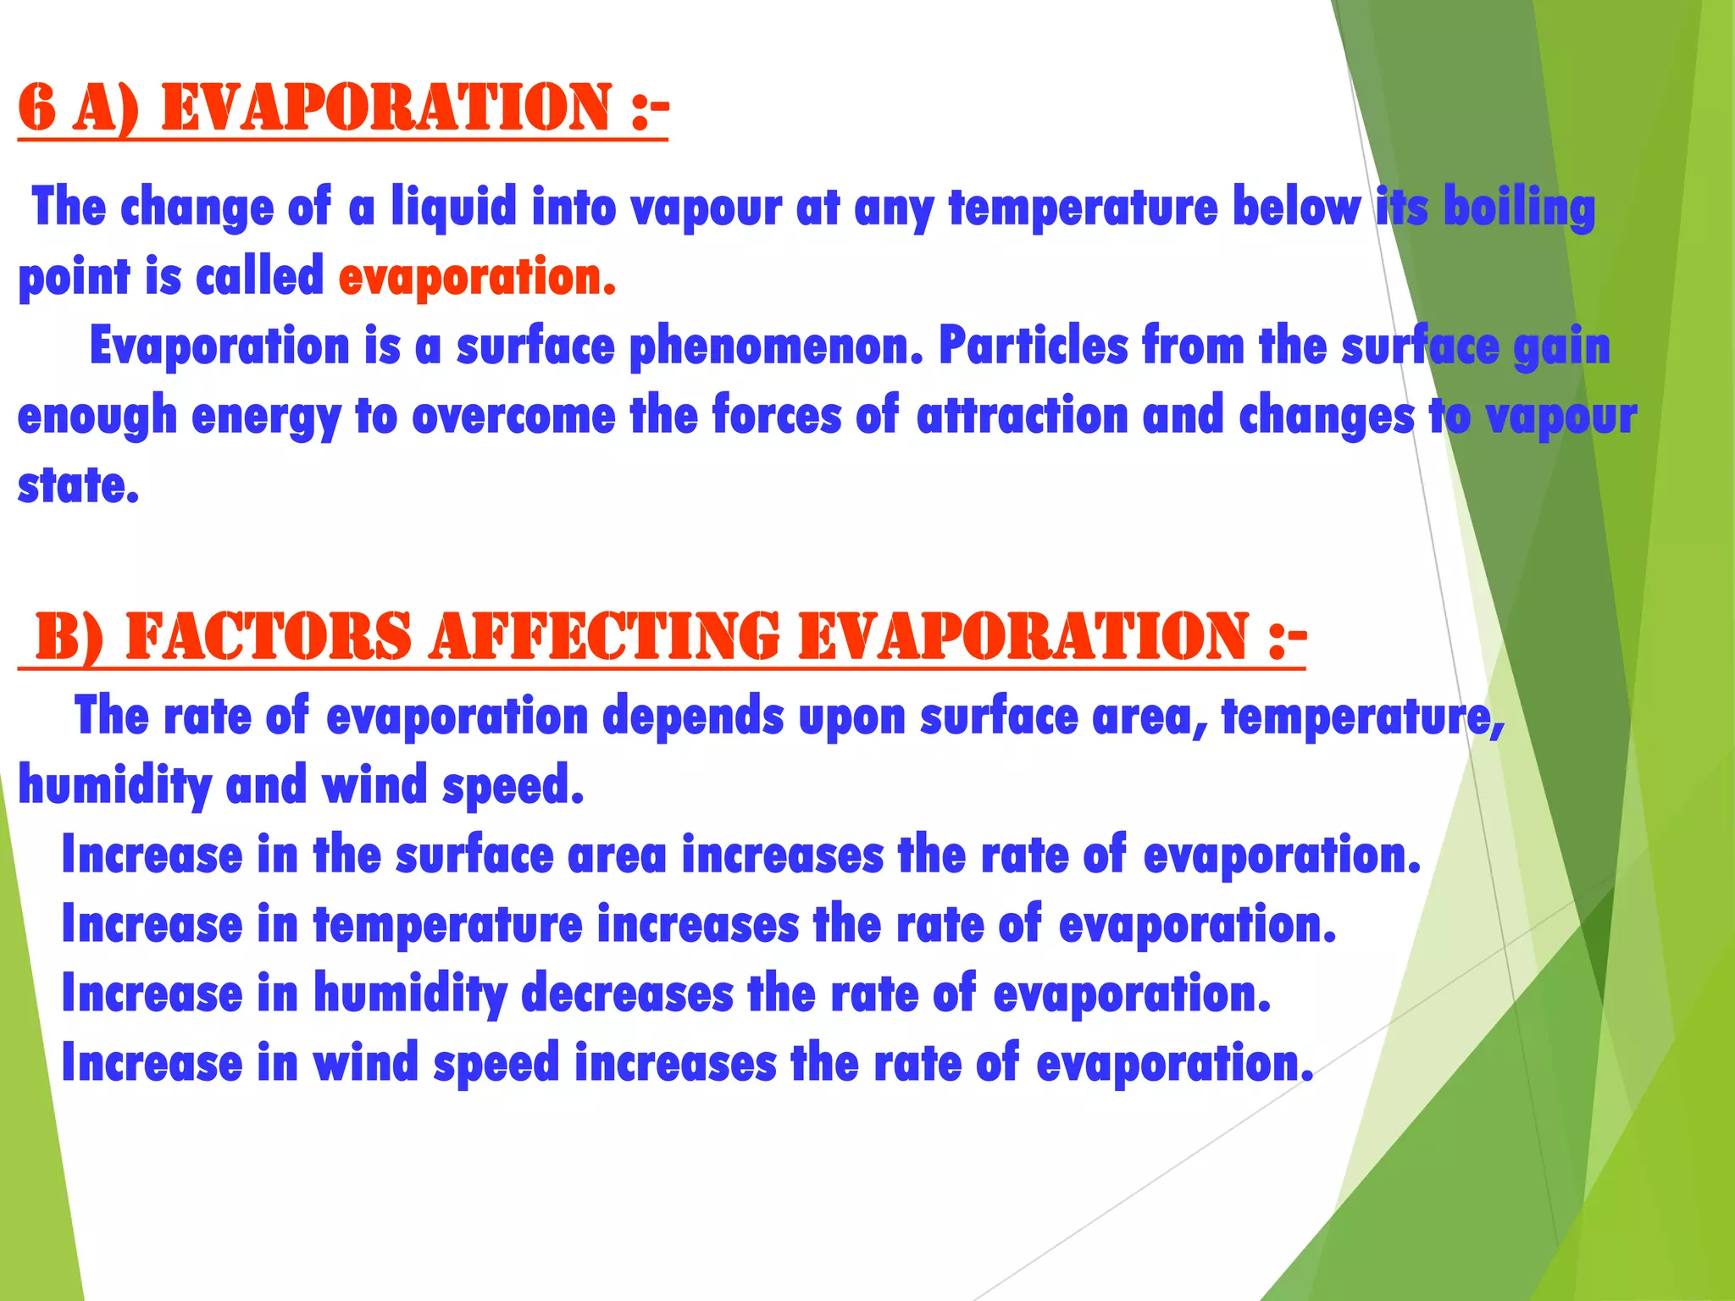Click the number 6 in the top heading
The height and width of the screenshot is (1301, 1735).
tap(37, 108)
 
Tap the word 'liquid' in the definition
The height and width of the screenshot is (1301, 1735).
tap(453, 208)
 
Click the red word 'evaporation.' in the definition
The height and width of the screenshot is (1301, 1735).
tap(477, 277)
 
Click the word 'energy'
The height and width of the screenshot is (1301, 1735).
tap(266, 417)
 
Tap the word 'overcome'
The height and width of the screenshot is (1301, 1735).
tap(513, 416)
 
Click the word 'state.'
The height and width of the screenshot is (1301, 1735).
tap(78, 485)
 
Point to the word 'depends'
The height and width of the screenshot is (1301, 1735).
tap(693, 717)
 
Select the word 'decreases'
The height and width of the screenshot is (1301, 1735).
tap(627, 994)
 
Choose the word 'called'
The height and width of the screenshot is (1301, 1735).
tap(259, 277)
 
